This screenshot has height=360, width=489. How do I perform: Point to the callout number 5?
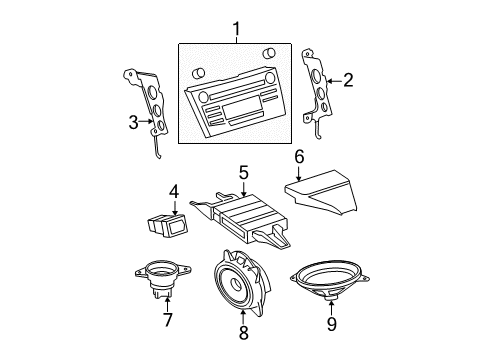point(242,172)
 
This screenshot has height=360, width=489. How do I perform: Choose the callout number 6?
point(298,156)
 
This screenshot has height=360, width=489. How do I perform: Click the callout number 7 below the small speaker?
point(168,319)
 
